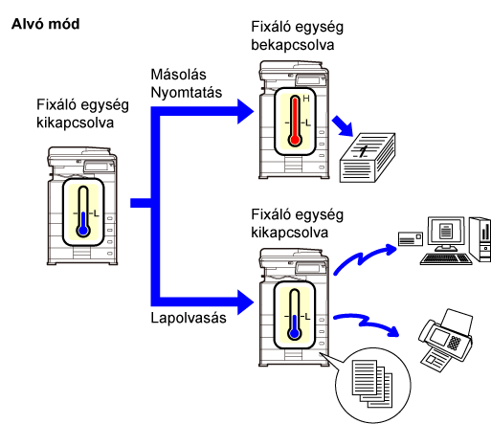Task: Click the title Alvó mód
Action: pyautogui.click(x=45, y=24)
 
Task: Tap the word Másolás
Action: pyautogui.click(x=178, y=75)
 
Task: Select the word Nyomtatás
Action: pyautogui.click(x=187, y=93)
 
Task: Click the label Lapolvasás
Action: pyautogui.click(x=189, y=318)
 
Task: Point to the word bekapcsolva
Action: pyautogui.click(x=293, y=45)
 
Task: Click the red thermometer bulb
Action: pyautogui.click(x=295, y=140)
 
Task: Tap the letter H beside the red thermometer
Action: pyautogui.click(x=306, y=99)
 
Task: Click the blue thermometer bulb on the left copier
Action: pyautogui.click(x=83, y=230)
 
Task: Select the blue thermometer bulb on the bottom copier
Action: pyautogui.click(x=295, y=334)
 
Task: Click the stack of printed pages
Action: pyautogui.click(x=368, y=158)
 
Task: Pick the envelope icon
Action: pyautogui.click(x=411, y=238)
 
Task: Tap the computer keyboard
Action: pyautogui.click(x=446, y=259)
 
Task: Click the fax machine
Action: pyautogui.click(x=445, y=340)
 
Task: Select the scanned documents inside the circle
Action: pyautogui.click(x=372, y=384)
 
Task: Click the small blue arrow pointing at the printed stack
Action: pyautogui.click(x=343, y=126)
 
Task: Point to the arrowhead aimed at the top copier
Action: pyautogui.click(x=246, y=111)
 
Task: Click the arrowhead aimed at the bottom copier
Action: pyautogui.click(x=246, y=302)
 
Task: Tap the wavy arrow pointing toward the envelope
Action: pyautogui.click(x=365, y=257)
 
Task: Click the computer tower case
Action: pyautogui.click(x=480, y=239)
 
